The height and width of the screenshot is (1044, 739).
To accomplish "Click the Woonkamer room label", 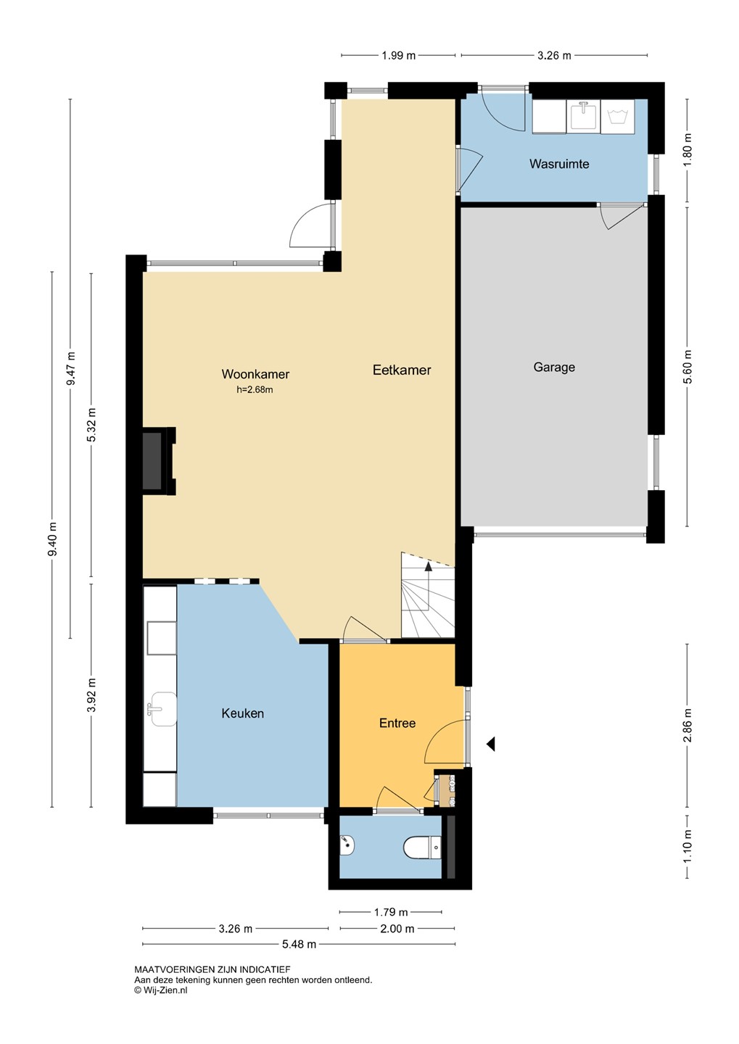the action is point(255,374).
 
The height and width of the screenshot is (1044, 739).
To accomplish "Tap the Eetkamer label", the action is point(402,370).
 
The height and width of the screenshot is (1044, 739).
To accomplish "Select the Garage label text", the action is point(554,368).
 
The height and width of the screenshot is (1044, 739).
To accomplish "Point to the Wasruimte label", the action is point(559,164).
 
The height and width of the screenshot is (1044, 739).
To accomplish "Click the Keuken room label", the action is point(242,713).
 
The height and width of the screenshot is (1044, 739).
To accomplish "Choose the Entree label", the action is point(397,723).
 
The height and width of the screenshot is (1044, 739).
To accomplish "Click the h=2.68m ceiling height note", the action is point(255,389).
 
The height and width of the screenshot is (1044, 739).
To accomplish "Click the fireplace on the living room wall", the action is point(159,460).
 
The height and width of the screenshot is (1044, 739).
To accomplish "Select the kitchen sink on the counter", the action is point(161,709).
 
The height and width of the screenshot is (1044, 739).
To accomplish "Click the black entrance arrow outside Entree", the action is point(490,745).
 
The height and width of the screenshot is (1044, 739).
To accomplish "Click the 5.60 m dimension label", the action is point(688,366).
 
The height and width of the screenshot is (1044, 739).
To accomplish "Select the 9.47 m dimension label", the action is point(71,368).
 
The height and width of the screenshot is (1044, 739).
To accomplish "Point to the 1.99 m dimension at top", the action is point(399,55).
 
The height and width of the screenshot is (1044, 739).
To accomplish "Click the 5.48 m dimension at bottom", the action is point(299,944).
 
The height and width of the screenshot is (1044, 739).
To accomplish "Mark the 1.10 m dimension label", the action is point(688,846).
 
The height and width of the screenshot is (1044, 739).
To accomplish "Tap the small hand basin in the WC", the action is point(347,845).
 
